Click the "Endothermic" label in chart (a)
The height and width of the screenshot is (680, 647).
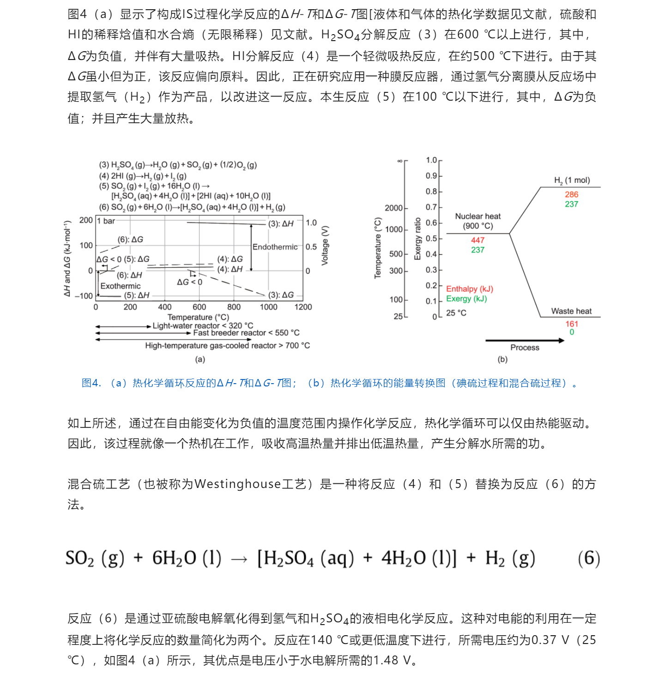click(x=275, y=247)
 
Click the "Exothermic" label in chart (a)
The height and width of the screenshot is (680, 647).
click(x=120, y=286)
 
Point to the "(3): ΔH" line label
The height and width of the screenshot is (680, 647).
click(x=281, y=224)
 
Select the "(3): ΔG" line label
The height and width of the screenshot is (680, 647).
click(x=281, y=295)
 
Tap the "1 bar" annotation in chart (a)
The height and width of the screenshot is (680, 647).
click(x=106, y=221)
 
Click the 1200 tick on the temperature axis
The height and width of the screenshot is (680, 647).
click(x=303, y=307)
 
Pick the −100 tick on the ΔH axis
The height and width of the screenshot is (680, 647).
click(x=84, y=296)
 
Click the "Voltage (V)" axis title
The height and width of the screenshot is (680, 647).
click(x=325, y=246)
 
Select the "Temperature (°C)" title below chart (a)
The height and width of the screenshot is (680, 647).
click(x=198, y=317)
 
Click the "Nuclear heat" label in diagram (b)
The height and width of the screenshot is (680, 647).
click(x=478, y=216)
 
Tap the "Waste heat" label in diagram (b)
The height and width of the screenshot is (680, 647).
click(x=571, y=311)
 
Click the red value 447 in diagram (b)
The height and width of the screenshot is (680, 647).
click(x=478, y=240)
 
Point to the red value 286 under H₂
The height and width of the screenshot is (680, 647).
click(x=571, y=194)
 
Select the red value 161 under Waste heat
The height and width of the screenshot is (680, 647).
click(x=571, y=324)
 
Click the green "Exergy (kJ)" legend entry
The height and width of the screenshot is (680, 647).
click(x=466, y=299)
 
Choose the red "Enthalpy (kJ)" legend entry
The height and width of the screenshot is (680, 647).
click(x=469, y=289)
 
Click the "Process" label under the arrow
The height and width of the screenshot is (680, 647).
click(x=525, y=348)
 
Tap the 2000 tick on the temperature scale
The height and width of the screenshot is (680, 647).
click(x=393, y=208)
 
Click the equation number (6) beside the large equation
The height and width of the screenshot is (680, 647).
click(x=589, y=558)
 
